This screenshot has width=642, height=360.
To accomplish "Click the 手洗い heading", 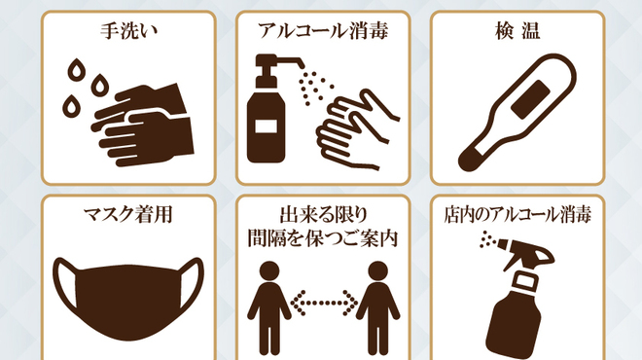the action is pyautogui.click(x=128, y=31).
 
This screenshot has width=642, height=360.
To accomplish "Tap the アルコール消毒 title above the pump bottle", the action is pyautogui.click(x=323, y=31).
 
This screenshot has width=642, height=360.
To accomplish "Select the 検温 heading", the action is pyautogui.click(x=517, y=31).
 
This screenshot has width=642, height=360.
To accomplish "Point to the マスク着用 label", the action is pyautogui.click(x=128, y=215).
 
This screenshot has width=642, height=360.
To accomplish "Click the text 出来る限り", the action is pyautogui.click(x=323, y=214).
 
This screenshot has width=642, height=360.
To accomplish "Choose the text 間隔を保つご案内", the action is pyautogui.click(x=323, y=238).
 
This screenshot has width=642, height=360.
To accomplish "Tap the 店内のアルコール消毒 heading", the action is pyautogui.click(x=517, y=215).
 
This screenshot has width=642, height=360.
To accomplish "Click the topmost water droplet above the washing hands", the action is pyautogui.click(x=76, y=70).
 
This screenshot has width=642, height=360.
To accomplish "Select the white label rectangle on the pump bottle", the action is pyautogui.click(x=266, y=126).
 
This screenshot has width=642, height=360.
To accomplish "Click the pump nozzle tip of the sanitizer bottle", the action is pyautogui.click(x=301, y=64).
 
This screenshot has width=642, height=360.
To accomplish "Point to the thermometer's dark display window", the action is pyautogui.click(x=530, y=99).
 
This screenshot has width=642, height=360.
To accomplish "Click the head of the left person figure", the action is pyautogui.click(x=269, y=271).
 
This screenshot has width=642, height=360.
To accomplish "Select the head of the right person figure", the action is pyautogui.click(x=377, y=271).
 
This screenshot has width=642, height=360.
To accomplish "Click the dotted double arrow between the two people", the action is pyautogui.click(x=324, y=303).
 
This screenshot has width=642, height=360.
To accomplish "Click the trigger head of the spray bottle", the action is pyautogui.click(x=528, y=255).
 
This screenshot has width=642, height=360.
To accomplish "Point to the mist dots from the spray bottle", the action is pyautogui.click(x=488, y=238).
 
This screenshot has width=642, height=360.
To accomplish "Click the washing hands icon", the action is pyautogui.click(x=142, y=125).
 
